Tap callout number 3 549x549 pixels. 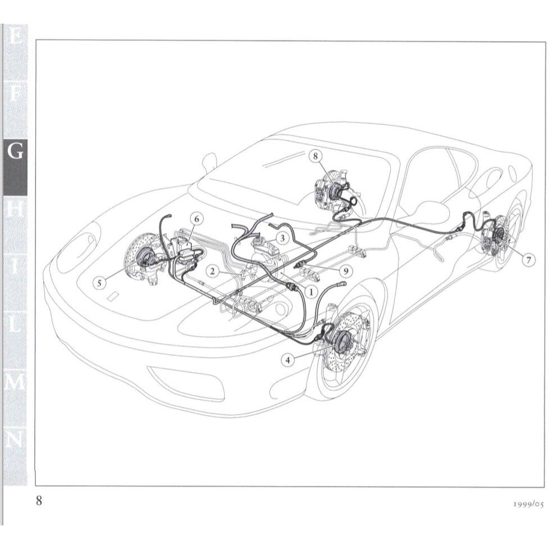[x=283, y=238]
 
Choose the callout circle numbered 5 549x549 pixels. [x=100, y=283]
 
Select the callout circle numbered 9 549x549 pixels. [x=346, y=271]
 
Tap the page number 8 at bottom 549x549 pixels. [x=39, y=501]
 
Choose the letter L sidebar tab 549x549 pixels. [x=15, y=325]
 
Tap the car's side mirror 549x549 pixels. [x=209, y=161]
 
